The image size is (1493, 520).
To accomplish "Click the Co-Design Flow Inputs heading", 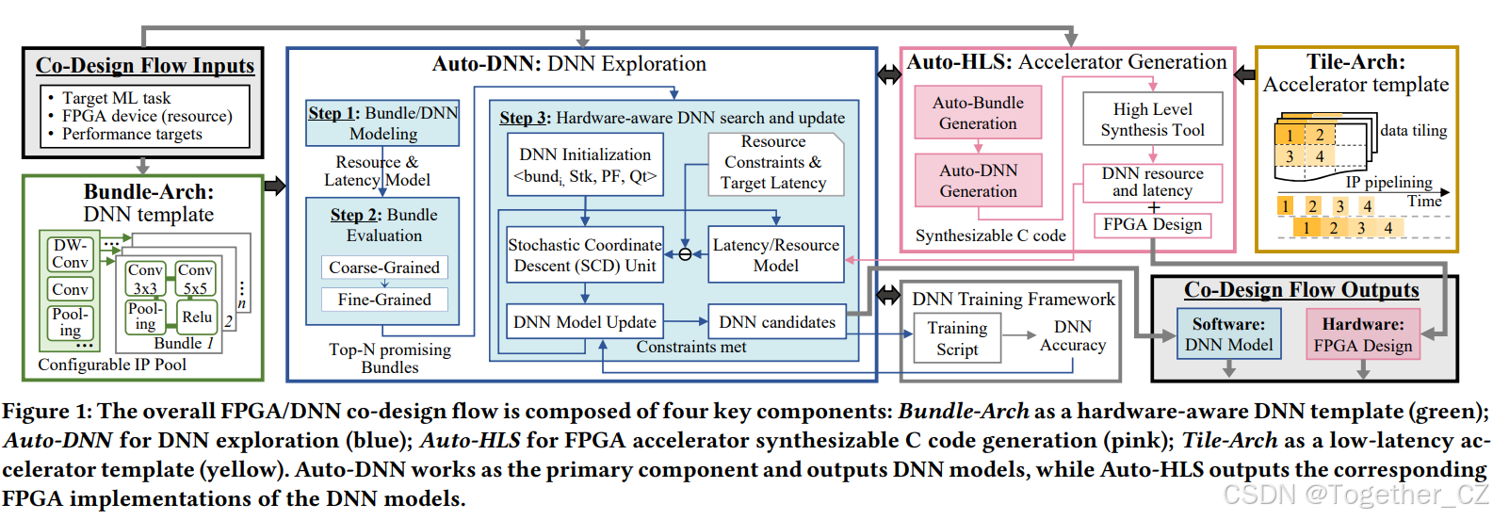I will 144,66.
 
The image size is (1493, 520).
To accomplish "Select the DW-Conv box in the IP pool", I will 70,253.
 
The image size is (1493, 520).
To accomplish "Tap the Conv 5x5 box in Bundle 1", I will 195,279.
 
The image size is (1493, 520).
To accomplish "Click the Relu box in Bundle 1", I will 197,317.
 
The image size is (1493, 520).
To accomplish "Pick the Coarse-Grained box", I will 383,268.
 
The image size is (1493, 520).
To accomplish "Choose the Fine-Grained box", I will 383,300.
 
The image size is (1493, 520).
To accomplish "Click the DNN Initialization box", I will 584,165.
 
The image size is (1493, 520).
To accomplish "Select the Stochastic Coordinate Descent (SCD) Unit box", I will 584,255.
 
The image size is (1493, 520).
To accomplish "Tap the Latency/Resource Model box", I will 775,255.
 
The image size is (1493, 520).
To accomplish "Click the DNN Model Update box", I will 584,322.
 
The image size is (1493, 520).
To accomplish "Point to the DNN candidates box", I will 776,322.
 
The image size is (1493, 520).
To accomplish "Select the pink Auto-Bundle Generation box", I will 978,113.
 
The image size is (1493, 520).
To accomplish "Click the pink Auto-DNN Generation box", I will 978,181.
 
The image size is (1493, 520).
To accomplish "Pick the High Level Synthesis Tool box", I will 1152,120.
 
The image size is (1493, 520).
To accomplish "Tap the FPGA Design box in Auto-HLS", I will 1152,225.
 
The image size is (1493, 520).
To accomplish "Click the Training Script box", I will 957,338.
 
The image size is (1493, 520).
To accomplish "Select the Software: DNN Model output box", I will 1228,334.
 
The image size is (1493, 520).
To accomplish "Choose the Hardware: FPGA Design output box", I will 1362,334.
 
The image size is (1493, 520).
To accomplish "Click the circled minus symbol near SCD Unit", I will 685,254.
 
